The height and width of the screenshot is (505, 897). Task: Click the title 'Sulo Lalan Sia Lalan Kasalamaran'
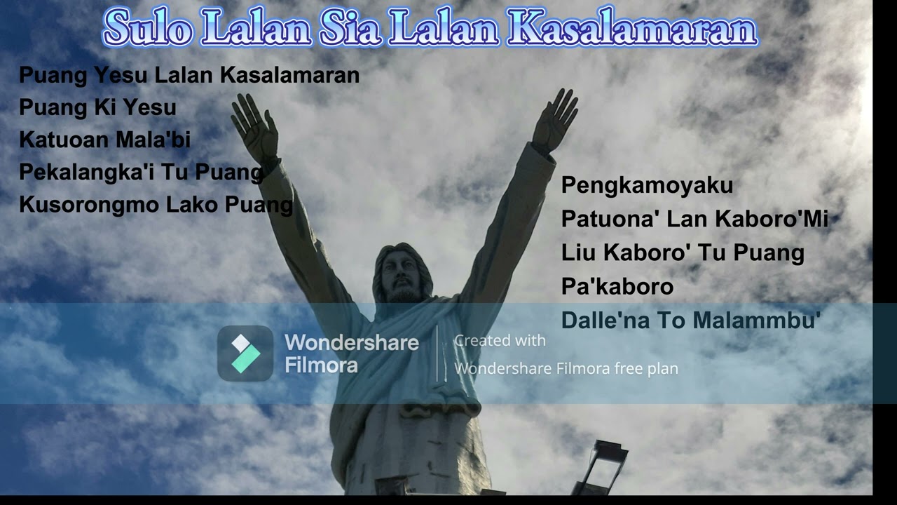tap(430, 29)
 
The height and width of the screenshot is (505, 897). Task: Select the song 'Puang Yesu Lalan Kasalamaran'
tap(189, 75)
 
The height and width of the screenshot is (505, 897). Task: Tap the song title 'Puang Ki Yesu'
tap(97, 107)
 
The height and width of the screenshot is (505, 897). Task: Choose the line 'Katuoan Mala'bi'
tap(105, 140)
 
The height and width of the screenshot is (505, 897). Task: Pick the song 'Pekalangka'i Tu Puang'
tap(141, 172)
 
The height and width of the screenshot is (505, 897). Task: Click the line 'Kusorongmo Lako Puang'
tap(156, 204)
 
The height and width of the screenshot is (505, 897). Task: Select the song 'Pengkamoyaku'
tap(647, 185)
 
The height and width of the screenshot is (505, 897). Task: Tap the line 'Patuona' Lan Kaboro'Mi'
tap(694, 219)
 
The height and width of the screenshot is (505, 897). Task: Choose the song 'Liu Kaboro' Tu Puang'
tap(683, 252)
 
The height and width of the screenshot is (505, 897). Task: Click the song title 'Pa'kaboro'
tap(617, 286)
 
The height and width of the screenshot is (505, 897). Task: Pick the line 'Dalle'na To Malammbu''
tap(690, 321)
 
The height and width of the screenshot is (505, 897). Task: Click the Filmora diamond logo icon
tap(245, 353)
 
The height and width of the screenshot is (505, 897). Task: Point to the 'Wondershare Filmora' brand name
tap(351, 353)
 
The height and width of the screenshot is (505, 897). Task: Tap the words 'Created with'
tap(500, 341)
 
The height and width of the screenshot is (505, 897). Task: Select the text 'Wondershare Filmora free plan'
tap(566, 368)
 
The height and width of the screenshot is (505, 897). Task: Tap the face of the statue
tap(402, 276)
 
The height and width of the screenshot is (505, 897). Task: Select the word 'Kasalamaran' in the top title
tap(631, 29)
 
